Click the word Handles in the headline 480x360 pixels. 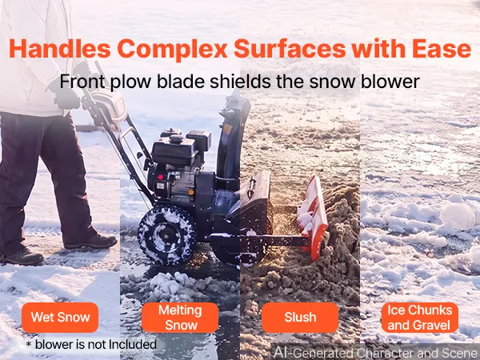[60, 49]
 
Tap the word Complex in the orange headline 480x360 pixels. [172, 49]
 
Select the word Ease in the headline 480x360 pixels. [442, 49]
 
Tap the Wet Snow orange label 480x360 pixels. [60, 318]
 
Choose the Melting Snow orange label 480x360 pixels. [180, 318]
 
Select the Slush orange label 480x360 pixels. [300, 318]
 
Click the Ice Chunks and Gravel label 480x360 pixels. [420, 318]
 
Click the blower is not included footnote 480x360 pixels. [91, 344]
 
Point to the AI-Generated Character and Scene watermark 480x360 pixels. [376, 353]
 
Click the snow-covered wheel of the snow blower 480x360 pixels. [167, 234]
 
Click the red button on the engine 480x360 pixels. [160, 178]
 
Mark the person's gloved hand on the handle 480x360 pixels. [66, 98]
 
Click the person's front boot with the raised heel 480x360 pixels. [91, 241]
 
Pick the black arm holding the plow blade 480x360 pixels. [275, 241]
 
